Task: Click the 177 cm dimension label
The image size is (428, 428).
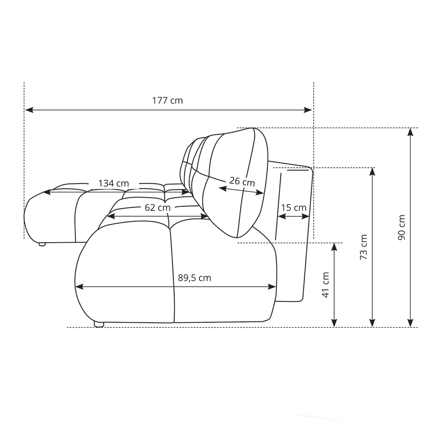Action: tap(167, 101)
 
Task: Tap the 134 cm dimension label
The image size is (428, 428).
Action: tap(113, 183)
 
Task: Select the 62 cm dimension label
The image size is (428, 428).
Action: tap(158, 208)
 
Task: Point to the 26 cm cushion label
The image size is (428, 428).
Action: tap(242, 181)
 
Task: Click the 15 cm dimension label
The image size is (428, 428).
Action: tap(294, 208)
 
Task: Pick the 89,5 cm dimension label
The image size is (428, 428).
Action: tap(195, 278)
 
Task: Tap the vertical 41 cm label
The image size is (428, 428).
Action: tap(326, 285)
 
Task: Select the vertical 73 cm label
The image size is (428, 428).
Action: tap(363, 247)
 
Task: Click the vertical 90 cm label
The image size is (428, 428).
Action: tap(401, 227)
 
